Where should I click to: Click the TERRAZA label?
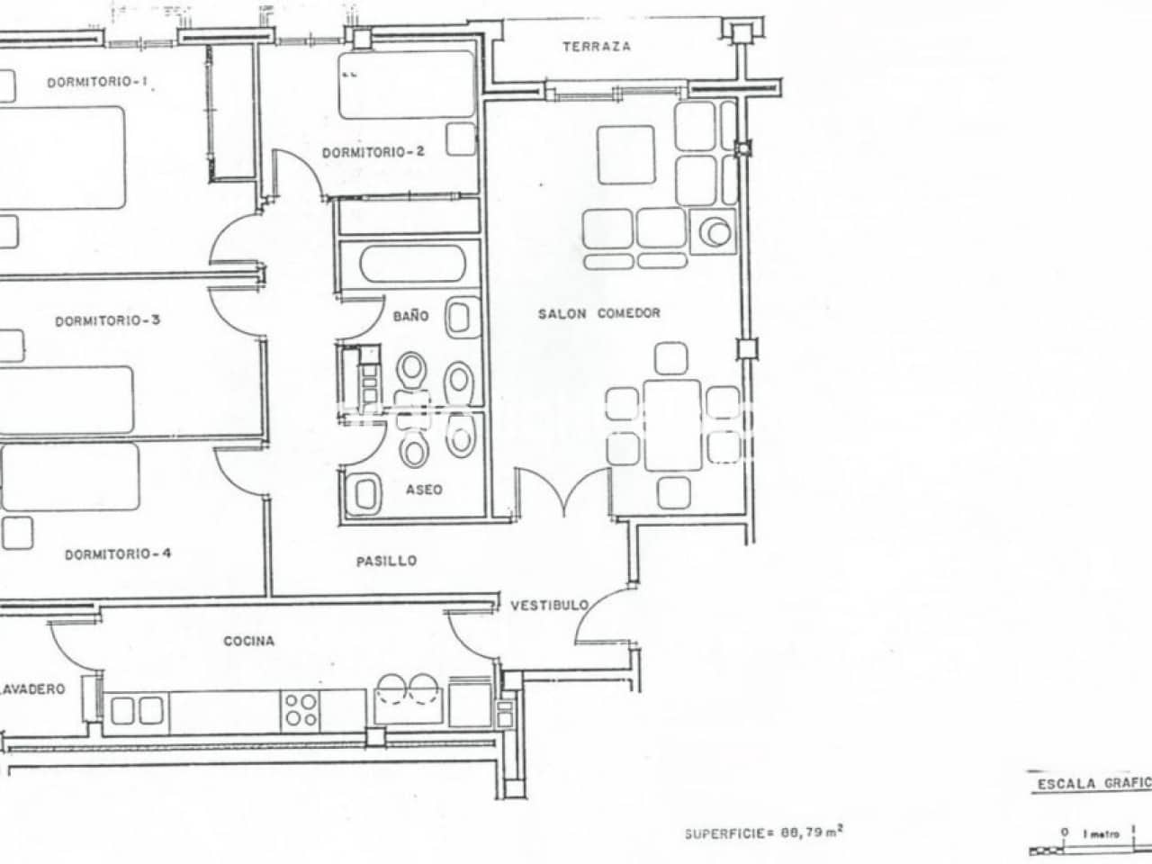click(596, 47)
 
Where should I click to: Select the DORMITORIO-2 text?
click(373, 153)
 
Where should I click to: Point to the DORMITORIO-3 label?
click(107, 320)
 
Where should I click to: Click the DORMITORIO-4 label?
click(117, 554)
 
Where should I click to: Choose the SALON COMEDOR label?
click(598, 313)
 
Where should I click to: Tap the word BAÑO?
click(410, 316)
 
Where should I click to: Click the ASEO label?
click(423, 490)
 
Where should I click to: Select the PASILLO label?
click(386, 561)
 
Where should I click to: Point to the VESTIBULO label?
click(549, 605)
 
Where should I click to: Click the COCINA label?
click(248, 642)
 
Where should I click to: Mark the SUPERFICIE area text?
click(763, 832)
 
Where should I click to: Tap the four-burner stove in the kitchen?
click(300, 707)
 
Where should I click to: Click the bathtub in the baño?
click(411, 265)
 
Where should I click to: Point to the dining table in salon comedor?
click(672, 425)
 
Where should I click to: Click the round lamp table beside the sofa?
click(717, 232)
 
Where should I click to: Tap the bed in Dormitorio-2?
click(406, 85)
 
